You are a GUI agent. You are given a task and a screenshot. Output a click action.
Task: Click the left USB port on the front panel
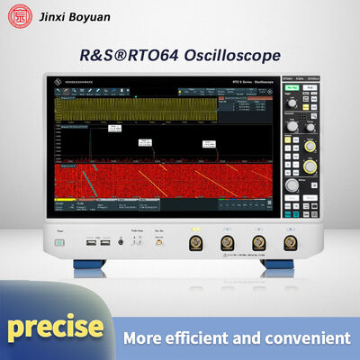(x=92, y=242)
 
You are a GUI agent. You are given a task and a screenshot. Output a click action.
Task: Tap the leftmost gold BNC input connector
(x=194, y=243)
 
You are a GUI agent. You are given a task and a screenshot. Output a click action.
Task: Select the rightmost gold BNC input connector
(x=290, y=243)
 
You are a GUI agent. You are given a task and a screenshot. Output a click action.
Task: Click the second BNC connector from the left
(x=226, y=243)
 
